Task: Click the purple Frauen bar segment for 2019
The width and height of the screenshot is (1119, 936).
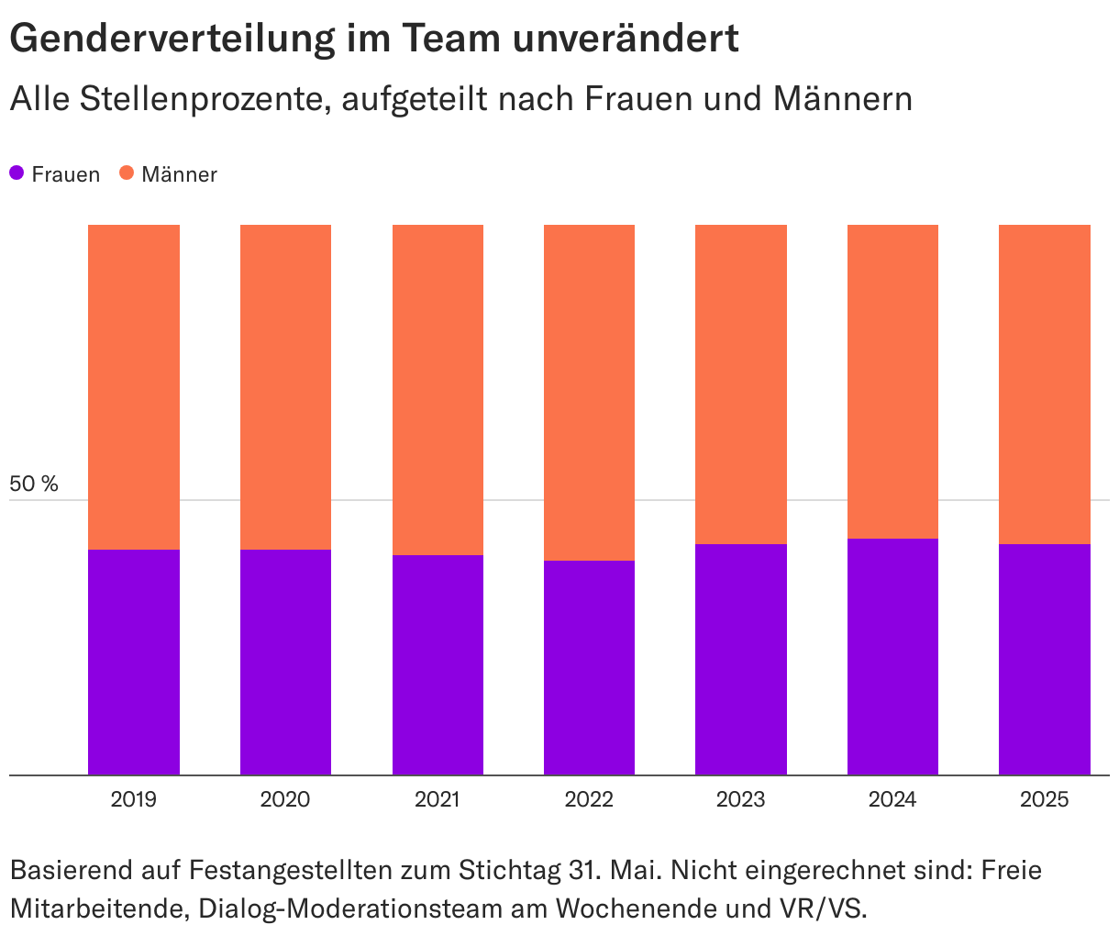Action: tap(134, 662)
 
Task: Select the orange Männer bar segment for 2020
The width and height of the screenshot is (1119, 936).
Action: tap(285, 386)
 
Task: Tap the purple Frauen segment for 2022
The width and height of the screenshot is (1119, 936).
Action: tap(589, 667)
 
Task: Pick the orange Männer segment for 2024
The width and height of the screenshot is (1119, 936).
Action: tap(892, 381)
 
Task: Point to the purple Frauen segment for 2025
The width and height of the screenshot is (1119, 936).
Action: tap(1044, 659)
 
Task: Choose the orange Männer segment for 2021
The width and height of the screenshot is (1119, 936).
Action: tap(438, 389)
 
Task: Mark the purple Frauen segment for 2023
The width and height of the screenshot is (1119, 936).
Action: tap(741, 659)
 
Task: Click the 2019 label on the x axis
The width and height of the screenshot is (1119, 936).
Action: tap(134, 799)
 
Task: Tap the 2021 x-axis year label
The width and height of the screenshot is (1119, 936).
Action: tap(438, 799)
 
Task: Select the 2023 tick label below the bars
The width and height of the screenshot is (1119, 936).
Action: tap(741, 799)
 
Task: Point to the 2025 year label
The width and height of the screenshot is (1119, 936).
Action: tap(1044, 799)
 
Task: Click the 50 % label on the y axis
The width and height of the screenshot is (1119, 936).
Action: tap(34, 484)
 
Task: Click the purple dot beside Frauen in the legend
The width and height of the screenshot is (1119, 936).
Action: tap(17, 173)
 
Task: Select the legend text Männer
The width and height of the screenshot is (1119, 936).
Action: tap(179, 174)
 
